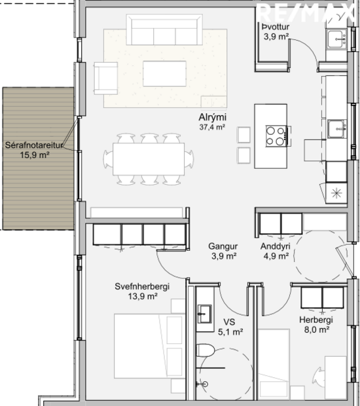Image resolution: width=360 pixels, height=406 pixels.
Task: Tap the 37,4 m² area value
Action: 212,128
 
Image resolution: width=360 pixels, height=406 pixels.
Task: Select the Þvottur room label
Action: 275,27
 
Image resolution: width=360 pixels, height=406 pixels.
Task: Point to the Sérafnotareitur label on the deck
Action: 35,145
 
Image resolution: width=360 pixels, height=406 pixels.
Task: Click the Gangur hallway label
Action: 223,246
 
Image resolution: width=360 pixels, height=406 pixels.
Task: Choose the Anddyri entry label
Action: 276,246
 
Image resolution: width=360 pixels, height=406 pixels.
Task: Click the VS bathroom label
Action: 229,322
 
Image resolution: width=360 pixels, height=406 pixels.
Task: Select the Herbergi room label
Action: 317,320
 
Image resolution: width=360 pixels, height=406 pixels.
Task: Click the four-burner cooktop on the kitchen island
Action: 276,136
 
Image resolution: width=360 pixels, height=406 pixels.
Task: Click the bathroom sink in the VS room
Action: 204,312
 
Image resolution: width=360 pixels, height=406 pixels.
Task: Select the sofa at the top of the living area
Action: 164,30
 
